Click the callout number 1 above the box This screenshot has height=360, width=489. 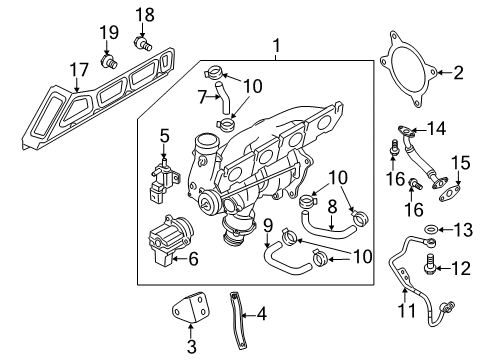pyautogui.click(x=276, y=46)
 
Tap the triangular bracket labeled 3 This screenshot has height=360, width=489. pyautogui.click(x=190, y=307)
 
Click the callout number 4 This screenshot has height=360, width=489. pyautogui.click(x=262, y=314)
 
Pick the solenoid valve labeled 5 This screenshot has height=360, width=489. pyautogui.click(x=163, y=180)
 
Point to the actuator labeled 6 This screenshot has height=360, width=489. pyautogui.click(x=170, y=240)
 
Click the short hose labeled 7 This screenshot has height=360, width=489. pyautogui.click(x=223, y=97)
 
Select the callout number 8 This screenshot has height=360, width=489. pyautogui.click(x=332, y=207)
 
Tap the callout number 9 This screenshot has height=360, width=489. pyautogui.click(x=268, y=226)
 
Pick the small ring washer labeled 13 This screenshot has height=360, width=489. pyautogui.click(x=431, y=229)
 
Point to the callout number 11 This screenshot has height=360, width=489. pyautogui.click(x=407, y=310)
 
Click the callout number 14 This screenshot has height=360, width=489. pyautogui.click(x=436, y=128)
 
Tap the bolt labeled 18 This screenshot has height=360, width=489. pyautogui.click(x=143, y=44)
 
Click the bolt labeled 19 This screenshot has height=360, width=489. pyautogui.click(x=109, y=62)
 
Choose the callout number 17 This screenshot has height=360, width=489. pyautogui.click(x=79, y=70)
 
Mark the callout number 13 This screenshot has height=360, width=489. pyautogui.click(x=463, y=230)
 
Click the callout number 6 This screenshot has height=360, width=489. pyautogui.click(x=193, y=259)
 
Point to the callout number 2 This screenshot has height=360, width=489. pyautogui.click(x=459, y=72)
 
